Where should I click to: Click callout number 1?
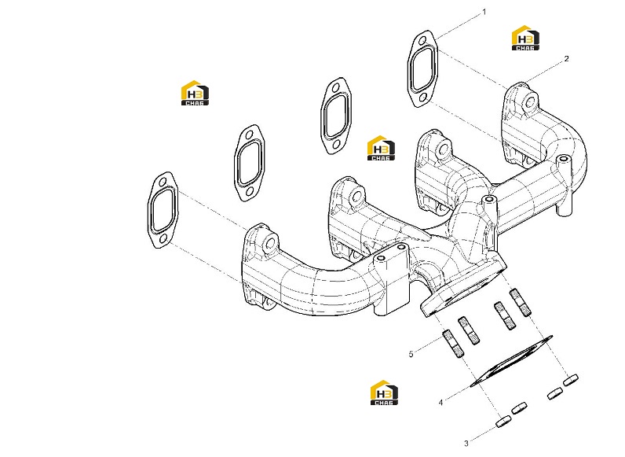coord(484,12)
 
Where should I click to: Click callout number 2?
coord(566,59)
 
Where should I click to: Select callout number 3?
coord(466,443)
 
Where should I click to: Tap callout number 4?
coord(440,402)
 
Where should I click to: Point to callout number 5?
coord(411,354)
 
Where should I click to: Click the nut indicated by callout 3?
coord(504,422)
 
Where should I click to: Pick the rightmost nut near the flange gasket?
coord(570,379)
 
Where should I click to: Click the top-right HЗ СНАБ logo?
coord(525,38)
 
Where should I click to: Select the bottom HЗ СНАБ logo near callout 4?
coord(384,393)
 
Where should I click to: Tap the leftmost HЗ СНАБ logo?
coord(195,93)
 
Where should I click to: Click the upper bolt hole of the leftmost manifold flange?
coord(270,243)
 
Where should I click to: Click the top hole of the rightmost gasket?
coord(422,40)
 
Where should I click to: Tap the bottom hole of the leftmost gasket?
coord(163,239)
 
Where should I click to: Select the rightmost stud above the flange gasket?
coord(521,302)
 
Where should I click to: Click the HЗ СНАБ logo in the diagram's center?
coord(381,148)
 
